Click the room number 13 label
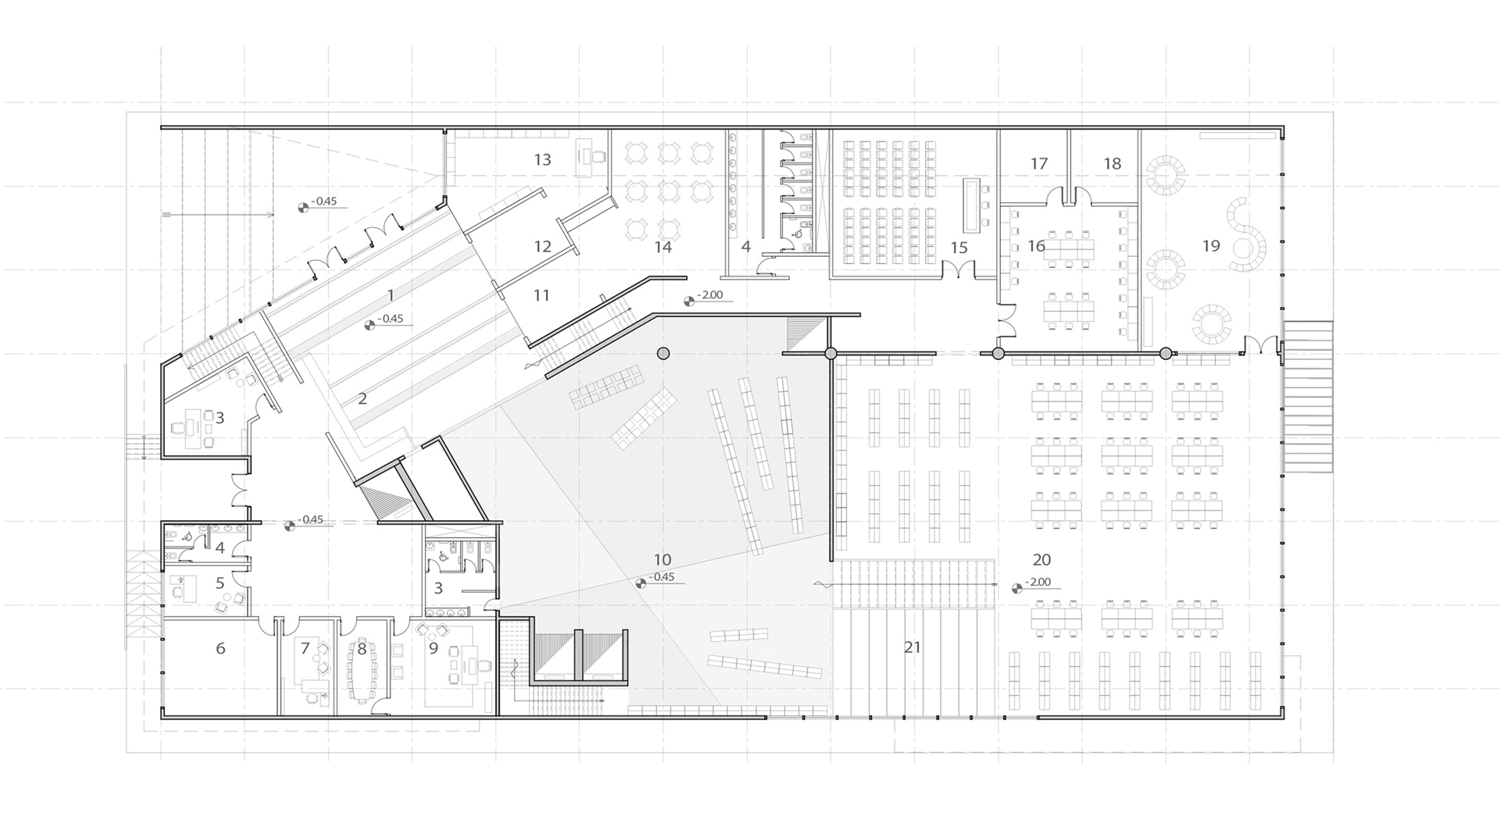(x=542, y=160)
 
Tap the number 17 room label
(x=1038, y=164)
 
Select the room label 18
(x=1112, y=164)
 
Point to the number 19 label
(x=1210, y=247)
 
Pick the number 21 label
(x=912, y=647)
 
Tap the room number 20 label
(x=1041, y=560)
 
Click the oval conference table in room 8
(x=361, y=674)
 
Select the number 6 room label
(x=220, y=649)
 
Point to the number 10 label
(x=662, y=560)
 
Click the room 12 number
(x=542, y=247)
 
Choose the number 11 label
(x=541, y=296)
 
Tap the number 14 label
(x=662, y=248)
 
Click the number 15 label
(x=959, y=248)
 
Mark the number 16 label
(x=1036, y=247)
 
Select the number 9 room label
(x=433, y=647)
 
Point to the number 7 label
(x=305, y=647)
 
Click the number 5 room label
(x=220, y=583)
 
